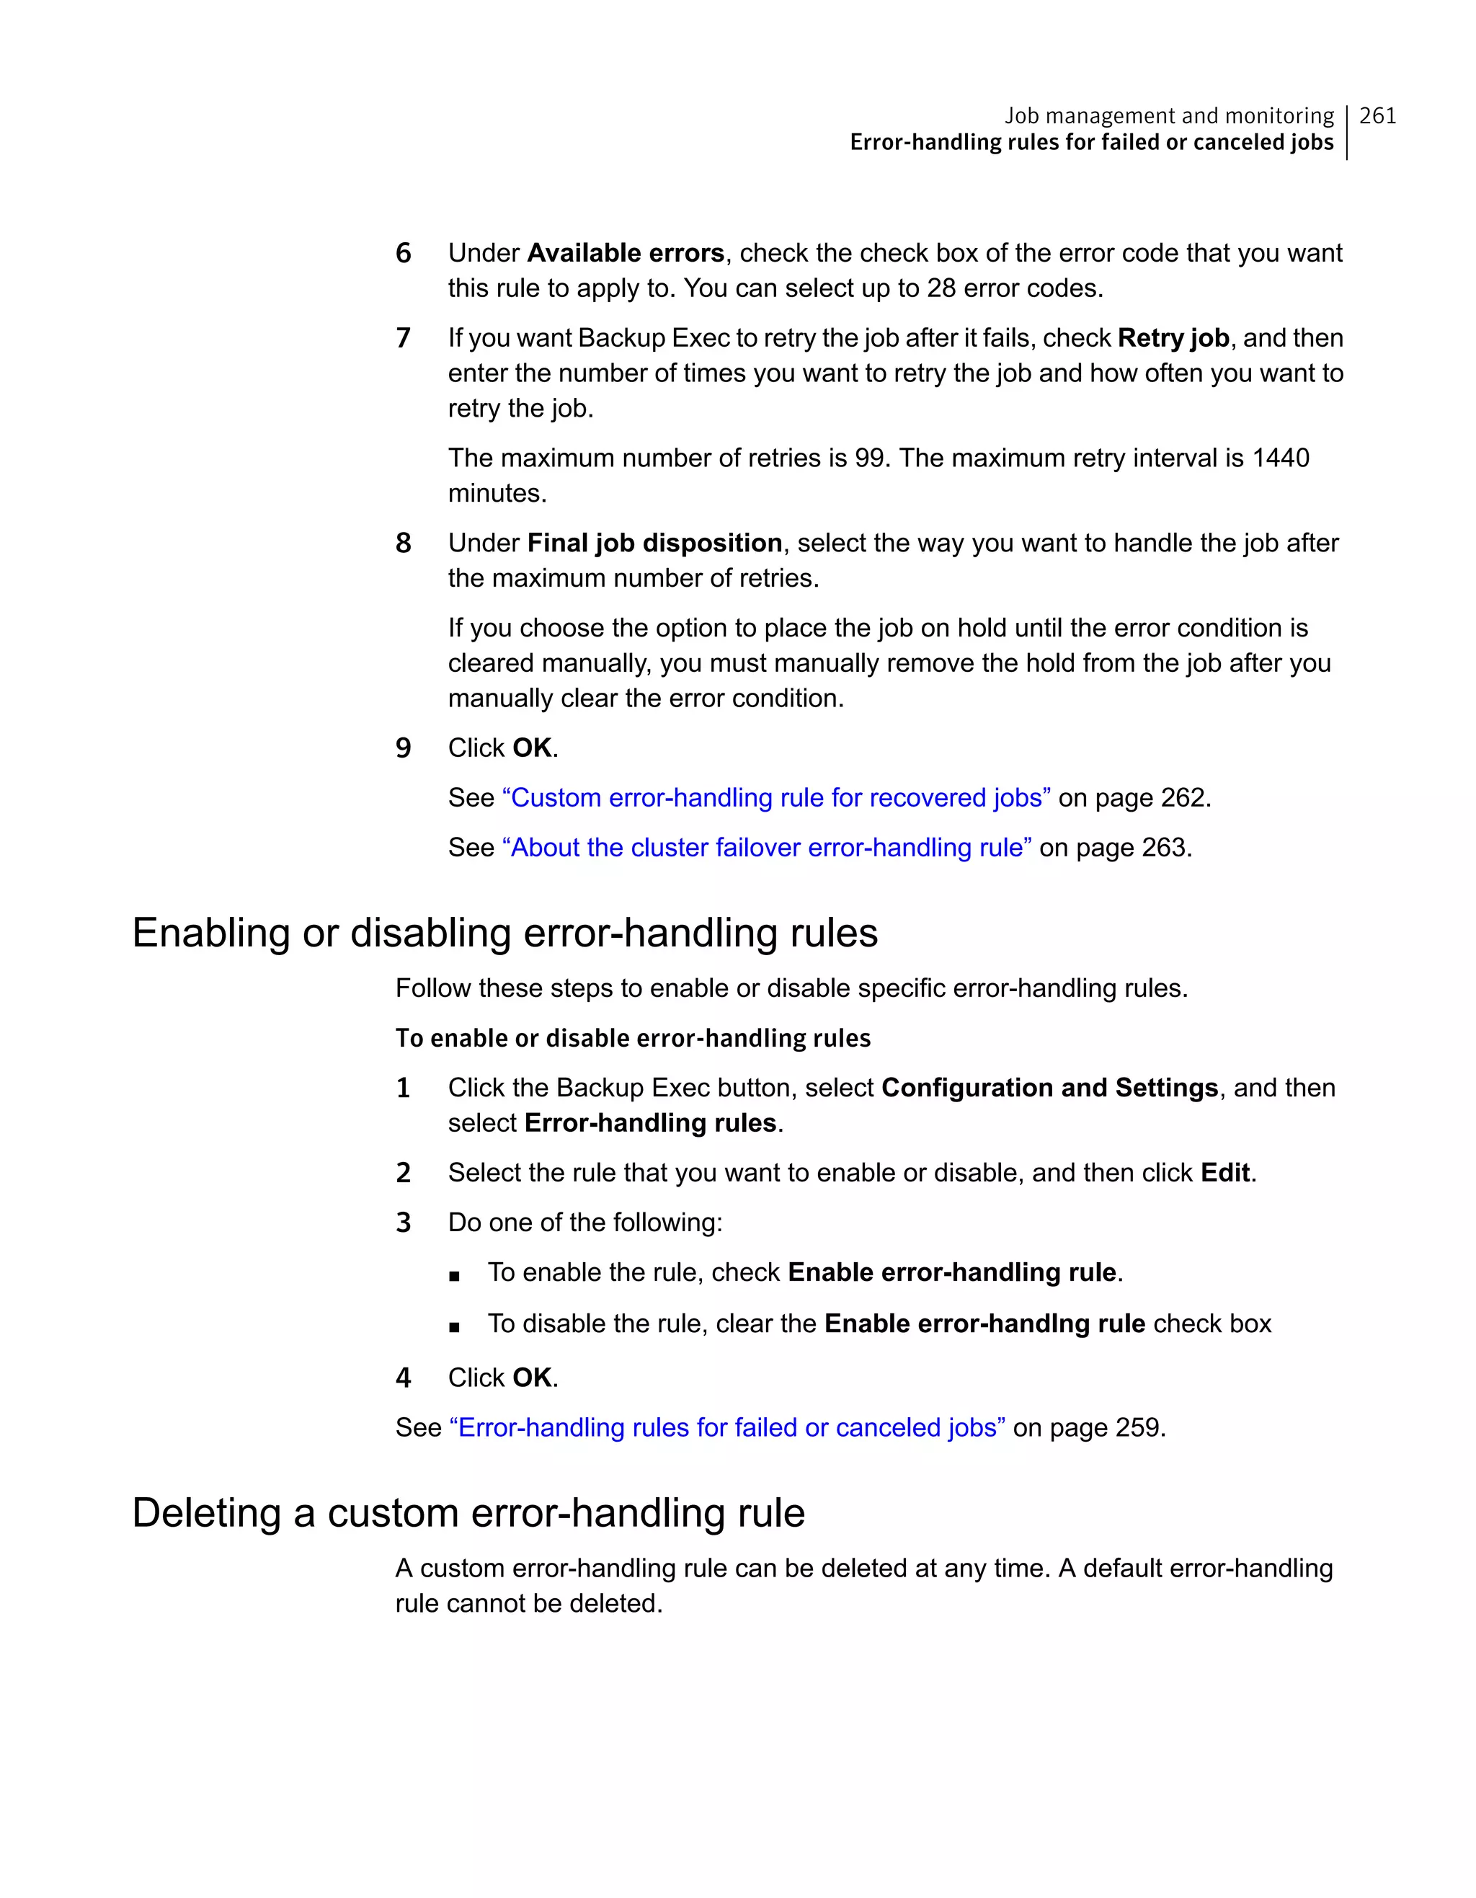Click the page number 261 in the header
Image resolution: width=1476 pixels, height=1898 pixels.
click(1377, 115)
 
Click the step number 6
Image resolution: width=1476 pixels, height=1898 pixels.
click(403, 254)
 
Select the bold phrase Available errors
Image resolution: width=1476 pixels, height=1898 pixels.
click(626, 253)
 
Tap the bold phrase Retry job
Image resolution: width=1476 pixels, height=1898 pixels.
click(1173, 338)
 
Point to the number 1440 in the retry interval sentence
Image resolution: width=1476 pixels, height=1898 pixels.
click(1280, 458)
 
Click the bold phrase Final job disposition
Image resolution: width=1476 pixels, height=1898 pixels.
click(654, 543)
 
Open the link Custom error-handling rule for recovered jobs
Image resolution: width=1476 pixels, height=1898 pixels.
click(775, 798)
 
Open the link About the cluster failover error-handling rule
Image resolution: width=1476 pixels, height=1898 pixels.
click(766, 847)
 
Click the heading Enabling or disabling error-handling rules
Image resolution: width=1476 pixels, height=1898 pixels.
click(504, 934)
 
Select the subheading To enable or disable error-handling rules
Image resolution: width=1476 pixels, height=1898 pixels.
click(633, 1039)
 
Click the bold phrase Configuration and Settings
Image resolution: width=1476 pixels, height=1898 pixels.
click(1049, 1088)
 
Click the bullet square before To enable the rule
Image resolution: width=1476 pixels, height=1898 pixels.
click(454, 1277)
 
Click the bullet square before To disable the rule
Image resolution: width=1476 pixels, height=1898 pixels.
click(454, 1328)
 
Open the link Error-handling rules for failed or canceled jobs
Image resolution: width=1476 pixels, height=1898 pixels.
click(727, 1428)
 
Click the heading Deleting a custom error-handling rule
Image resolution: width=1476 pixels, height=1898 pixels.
click(468, 1513)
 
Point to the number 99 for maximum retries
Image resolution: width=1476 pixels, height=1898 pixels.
click(868, 458)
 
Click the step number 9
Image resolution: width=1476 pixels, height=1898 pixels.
click(403, 749)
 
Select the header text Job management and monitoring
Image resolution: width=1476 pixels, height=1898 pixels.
click(1168, 115)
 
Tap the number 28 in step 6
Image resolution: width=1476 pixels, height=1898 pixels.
click(941, 288)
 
